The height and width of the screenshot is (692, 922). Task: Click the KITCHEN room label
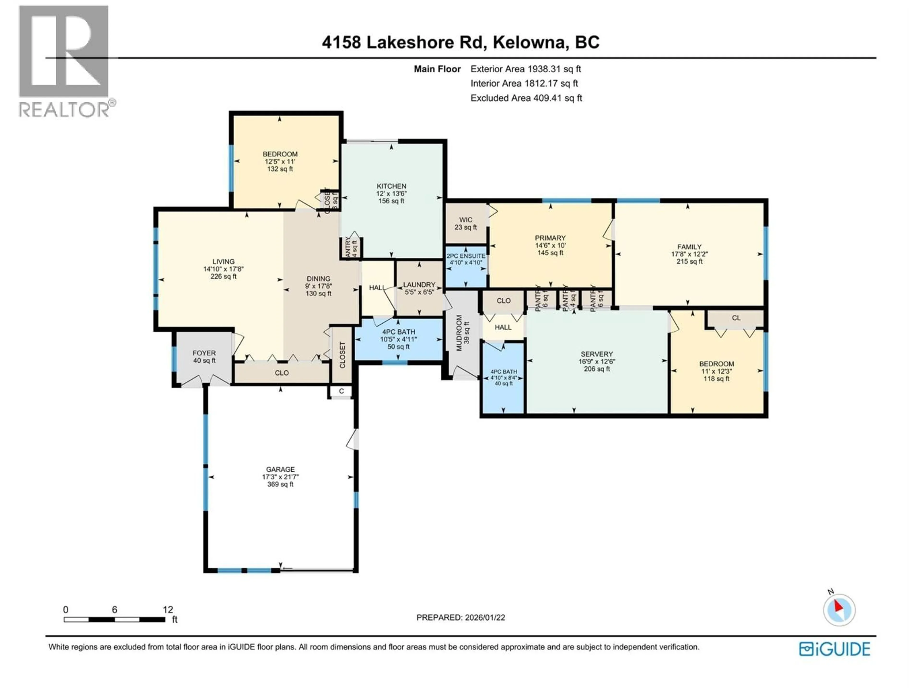point(391,186)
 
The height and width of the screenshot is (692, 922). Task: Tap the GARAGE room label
point(280,469)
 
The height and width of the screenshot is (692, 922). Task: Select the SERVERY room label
point(596,354)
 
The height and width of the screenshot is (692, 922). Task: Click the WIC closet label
point(466,220)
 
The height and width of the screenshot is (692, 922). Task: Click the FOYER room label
point(204,353)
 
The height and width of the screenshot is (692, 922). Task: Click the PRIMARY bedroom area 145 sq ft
point(550,253)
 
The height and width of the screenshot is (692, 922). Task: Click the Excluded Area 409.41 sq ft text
point(526,98)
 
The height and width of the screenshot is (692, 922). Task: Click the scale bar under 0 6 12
point(114,619)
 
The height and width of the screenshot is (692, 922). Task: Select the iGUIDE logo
point(834,649)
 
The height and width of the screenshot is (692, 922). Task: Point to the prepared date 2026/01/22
point(460,617)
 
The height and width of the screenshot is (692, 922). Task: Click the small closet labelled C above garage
point(341,391)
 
